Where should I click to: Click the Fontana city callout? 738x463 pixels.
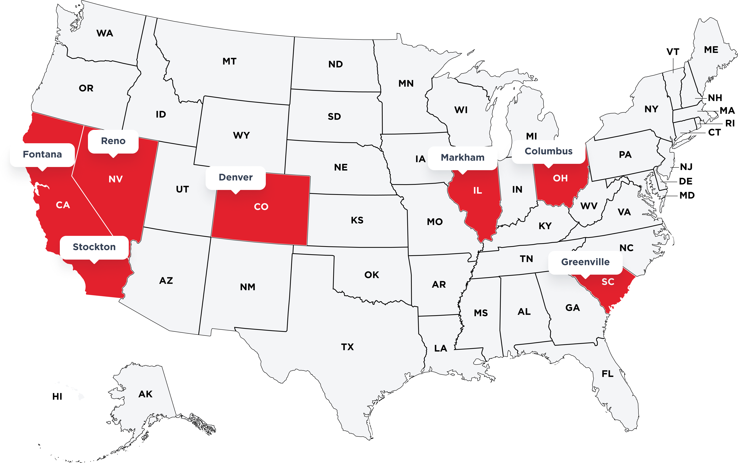42,154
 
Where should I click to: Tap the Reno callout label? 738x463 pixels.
113,141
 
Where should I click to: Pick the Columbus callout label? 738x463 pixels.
548,151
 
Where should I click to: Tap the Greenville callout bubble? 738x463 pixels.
585,262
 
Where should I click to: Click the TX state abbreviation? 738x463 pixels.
347,347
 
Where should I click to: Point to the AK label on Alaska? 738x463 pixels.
145,394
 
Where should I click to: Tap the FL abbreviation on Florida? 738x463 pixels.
607,374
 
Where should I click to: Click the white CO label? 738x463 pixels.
261,207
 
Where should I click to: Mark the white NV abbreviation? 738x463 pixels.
115,179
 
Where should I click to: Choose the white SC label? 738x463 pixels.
608,282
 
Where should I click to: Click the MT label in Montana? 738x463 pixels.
229,61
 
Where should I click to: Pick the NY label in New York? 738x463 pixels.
651,109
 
